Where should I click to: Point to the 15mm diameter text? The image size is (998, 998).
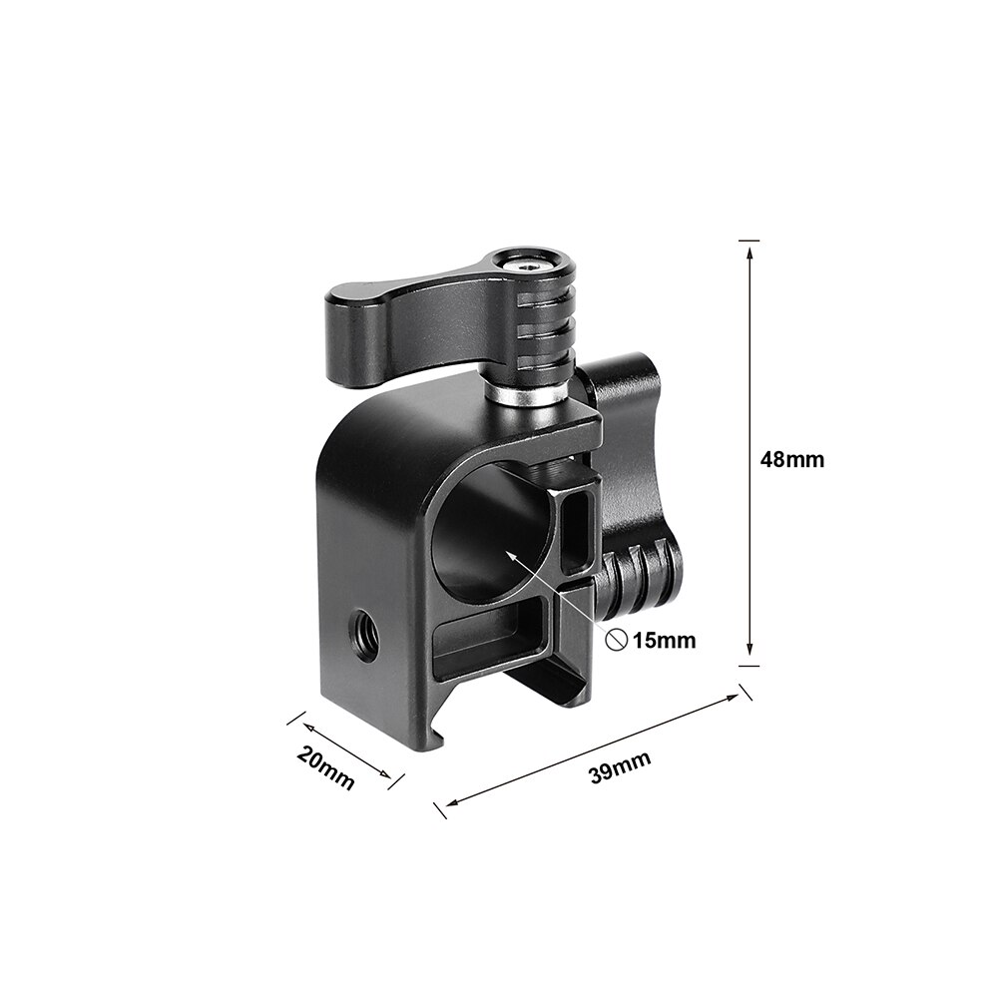[x=663, y=641]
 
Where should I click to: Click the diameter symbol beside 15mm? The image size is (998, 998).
[x=617, y=641]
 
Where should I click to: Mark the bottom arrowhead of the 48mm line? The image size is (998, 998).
[x=748, y=658]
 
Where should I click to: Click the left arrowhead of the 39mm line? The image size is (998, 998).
[x=449, y=802]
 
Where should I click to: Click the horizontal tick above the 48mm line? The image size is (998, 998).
[x=748, y=241]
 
